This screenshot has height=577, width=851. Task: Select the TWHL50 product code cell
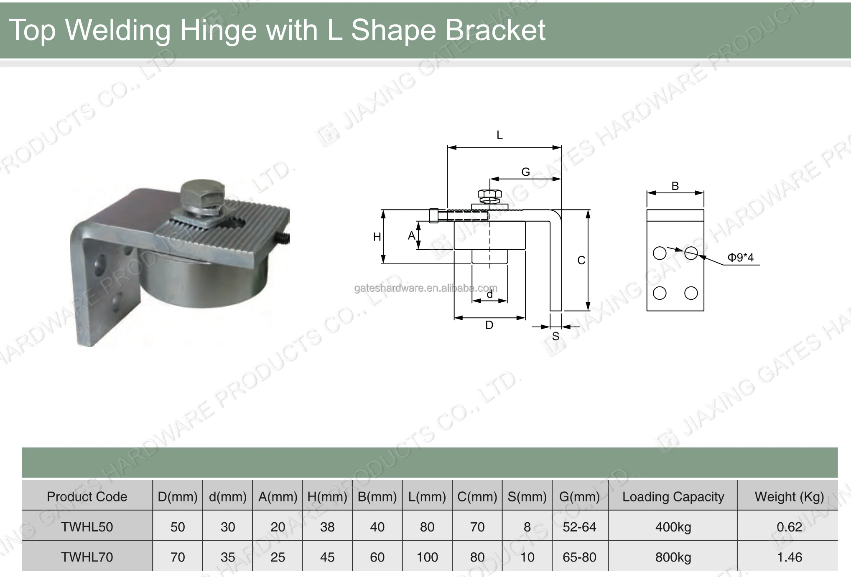tap(87, 527)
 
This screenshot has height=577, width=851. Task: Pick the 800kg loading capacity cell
tap(673, 557)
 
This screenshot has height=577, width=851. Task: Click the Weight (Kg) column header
tap(789, 496)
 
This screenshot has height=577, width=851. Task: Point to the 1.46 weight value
tap(789, 557)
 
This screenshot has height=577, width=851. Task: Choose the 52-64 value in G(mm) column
tap(579, 527)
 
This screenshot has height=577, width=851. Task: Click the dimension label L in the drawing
tap(499, 135)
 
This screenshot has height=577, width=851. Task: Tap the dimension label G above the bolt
tap(525, 172)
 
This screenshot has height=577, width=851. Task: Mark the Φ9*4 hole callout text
tap(740, 258)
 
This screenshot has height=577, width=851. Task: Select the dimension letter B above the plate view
tap(675, 186)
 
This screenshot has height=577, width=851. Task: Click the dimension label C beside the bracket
tap(581, 261)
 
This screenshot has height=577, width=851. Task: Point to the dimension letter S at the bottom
tap(555, 337)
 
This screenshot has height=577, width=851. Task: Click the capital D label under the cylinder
tap(489, 325)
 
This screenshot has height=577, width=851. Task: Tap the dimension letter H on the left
tap(377, 237)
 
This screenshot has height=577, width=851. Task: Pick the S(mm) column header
tap(527, 496)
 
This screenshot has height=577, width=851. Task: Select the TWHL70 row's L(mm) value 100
tap(427, 557)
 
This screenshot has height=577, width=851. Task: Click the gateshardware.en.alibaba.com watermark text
tap(425, 288)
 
